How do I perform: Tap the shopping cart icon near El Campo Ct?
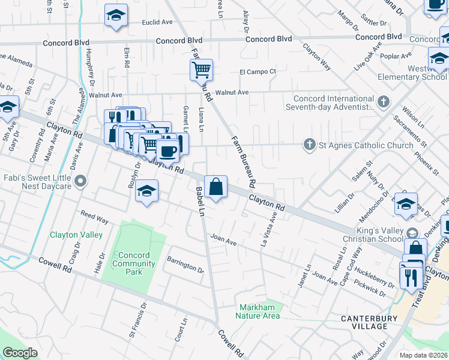(202, 70)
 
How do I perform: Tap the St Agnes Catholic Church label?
(365, 145)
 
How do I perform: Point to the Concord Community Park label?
(134, 263)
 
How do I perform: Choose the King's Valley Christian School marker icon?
(412, 233)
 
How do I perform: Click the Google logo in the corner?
(20, 353)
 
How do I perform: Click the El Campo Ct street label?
(258, 71)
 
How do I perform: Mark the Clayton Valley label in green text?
(76, 235)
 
